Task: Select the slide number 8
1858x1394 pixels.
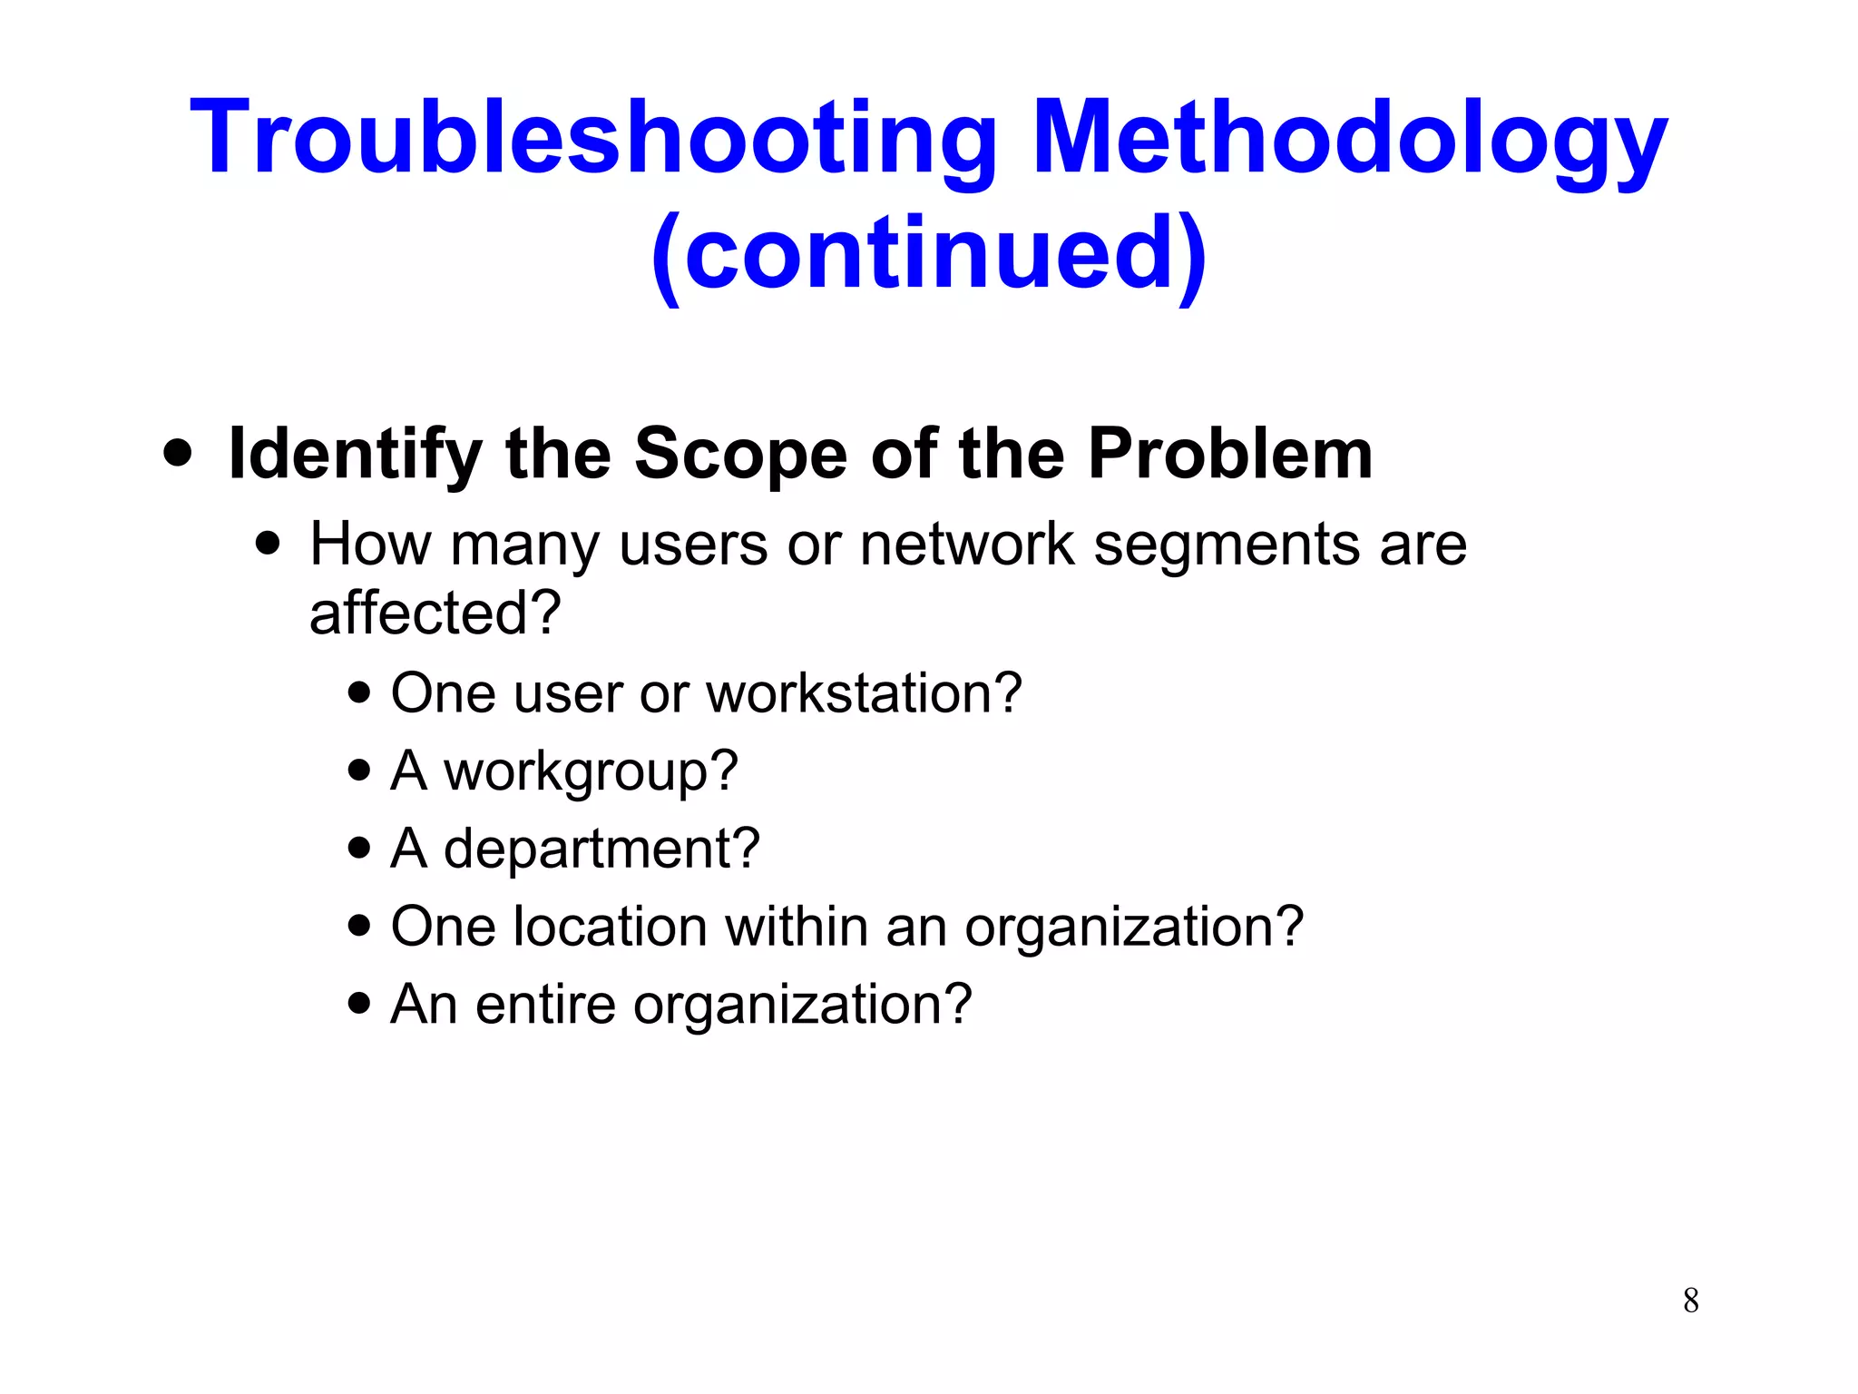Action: click(x=1690, y=1301)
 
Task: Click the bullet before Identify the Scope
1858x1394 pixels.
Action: click(x=178, y=453)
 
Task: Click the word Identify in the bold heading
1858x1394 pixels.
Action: click(x=355, y=454)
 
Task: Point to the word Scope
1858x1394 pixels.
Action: click(x=740, y=454)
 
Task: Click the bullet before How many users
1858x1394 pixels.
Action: click(x=268, y=544)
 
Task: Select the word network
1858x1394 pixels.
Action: click(x=966, y=545)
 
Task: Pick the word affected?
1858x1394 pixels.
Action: click(x=435, y=614)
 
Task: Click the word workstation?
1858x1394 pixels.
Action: click(x=864, y=693)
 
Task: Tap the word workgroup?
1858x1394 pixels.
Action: click(x=591, y=772)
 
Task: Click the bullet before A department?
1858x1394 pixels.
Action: click(x=359, y=848)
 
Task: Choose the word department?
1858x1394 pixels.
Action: click(x=601, y=849)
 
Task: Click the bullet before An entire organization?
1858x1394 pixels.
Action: click(x=359, y=1004)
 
